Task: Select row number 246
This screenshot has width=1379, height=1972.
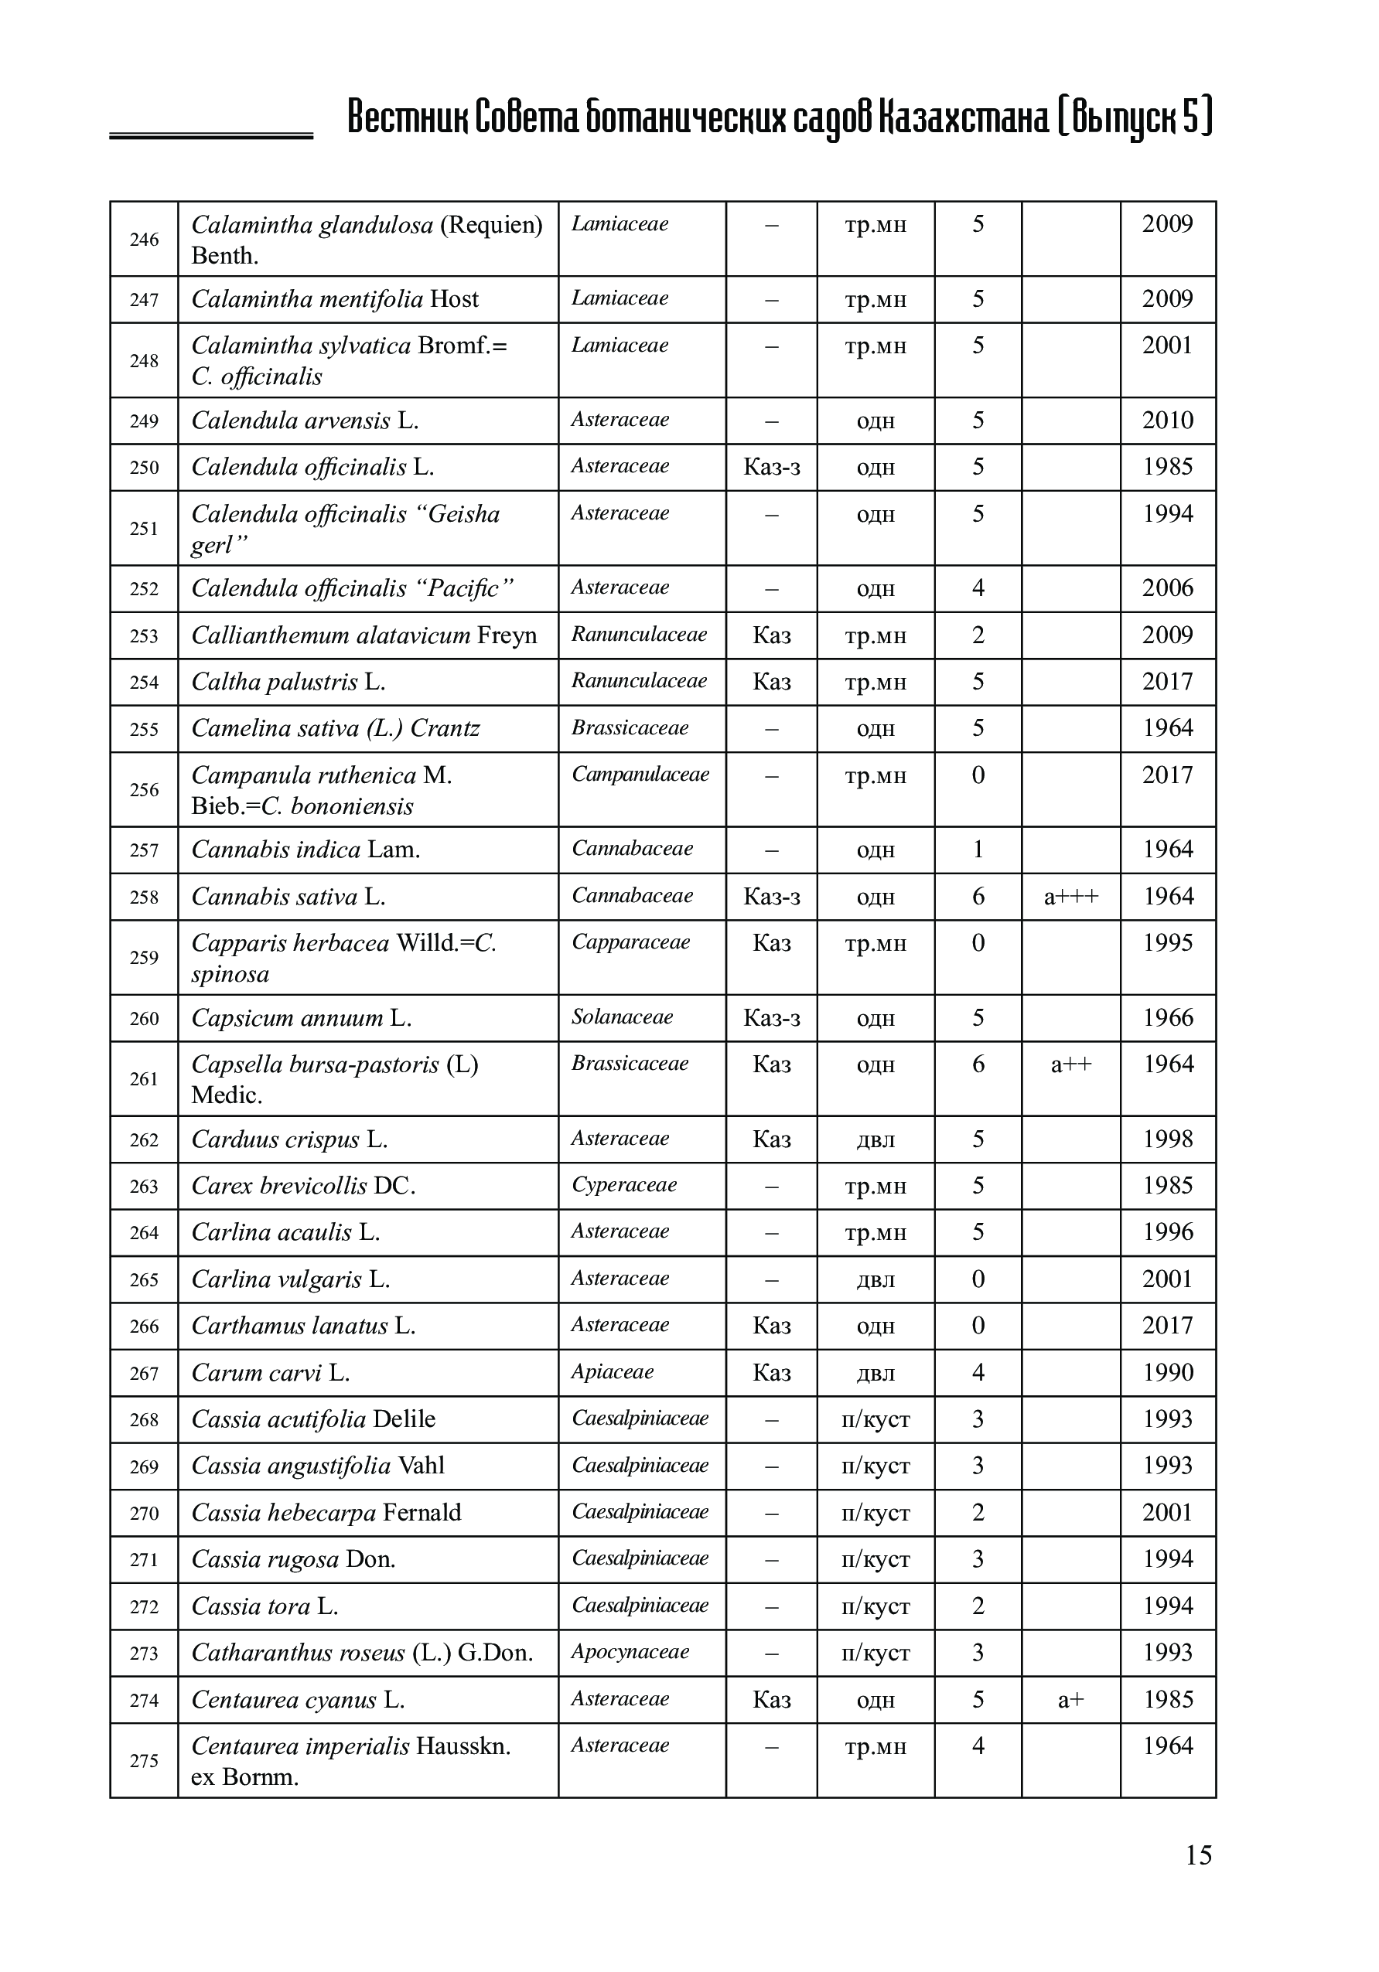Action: click(x=145, y=240)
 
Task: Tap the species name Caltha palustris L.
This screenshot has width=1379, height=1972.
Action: click(x=288, y=682)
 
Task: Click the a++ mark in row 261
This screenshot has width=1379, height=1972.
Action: click(x=1070, y=1065)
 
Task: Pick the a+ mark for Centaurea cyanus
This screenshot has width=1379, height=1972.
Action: click(x=1070, y=1700)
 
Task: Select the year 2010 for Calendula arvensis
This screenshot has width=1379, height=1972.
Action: click(x=1168, y=421)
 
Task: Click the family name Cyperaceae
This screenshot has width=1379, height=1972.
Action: click(x=624, y=1185)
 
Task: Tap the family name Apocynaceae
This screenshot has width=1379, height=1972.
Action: click(x=630, y=1652)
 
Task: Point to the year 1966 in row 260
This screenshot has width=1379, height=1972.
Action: click(x=1168, y=1018)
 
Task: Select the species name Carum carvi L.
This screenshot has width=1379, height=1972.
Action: click(x=271, y=1372)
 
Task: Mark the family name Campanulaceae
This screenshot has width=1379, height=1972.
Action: click(x=640, y=775)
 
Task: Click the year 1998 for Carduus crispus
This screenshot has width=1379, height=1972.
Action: click(x=1168, y=1139)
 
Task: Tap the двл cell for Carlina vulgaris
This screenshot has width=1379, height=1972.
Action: click(x=876, y=1279)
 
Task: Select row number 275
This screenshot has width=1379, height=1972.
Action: click(x=145, y=1761)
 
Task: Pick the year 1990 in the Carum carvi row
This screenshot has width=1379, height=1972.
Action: click(x=1168, y=1372)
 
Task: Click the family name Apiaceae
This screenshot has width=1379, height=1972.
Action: click(x=612, y=1371)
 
